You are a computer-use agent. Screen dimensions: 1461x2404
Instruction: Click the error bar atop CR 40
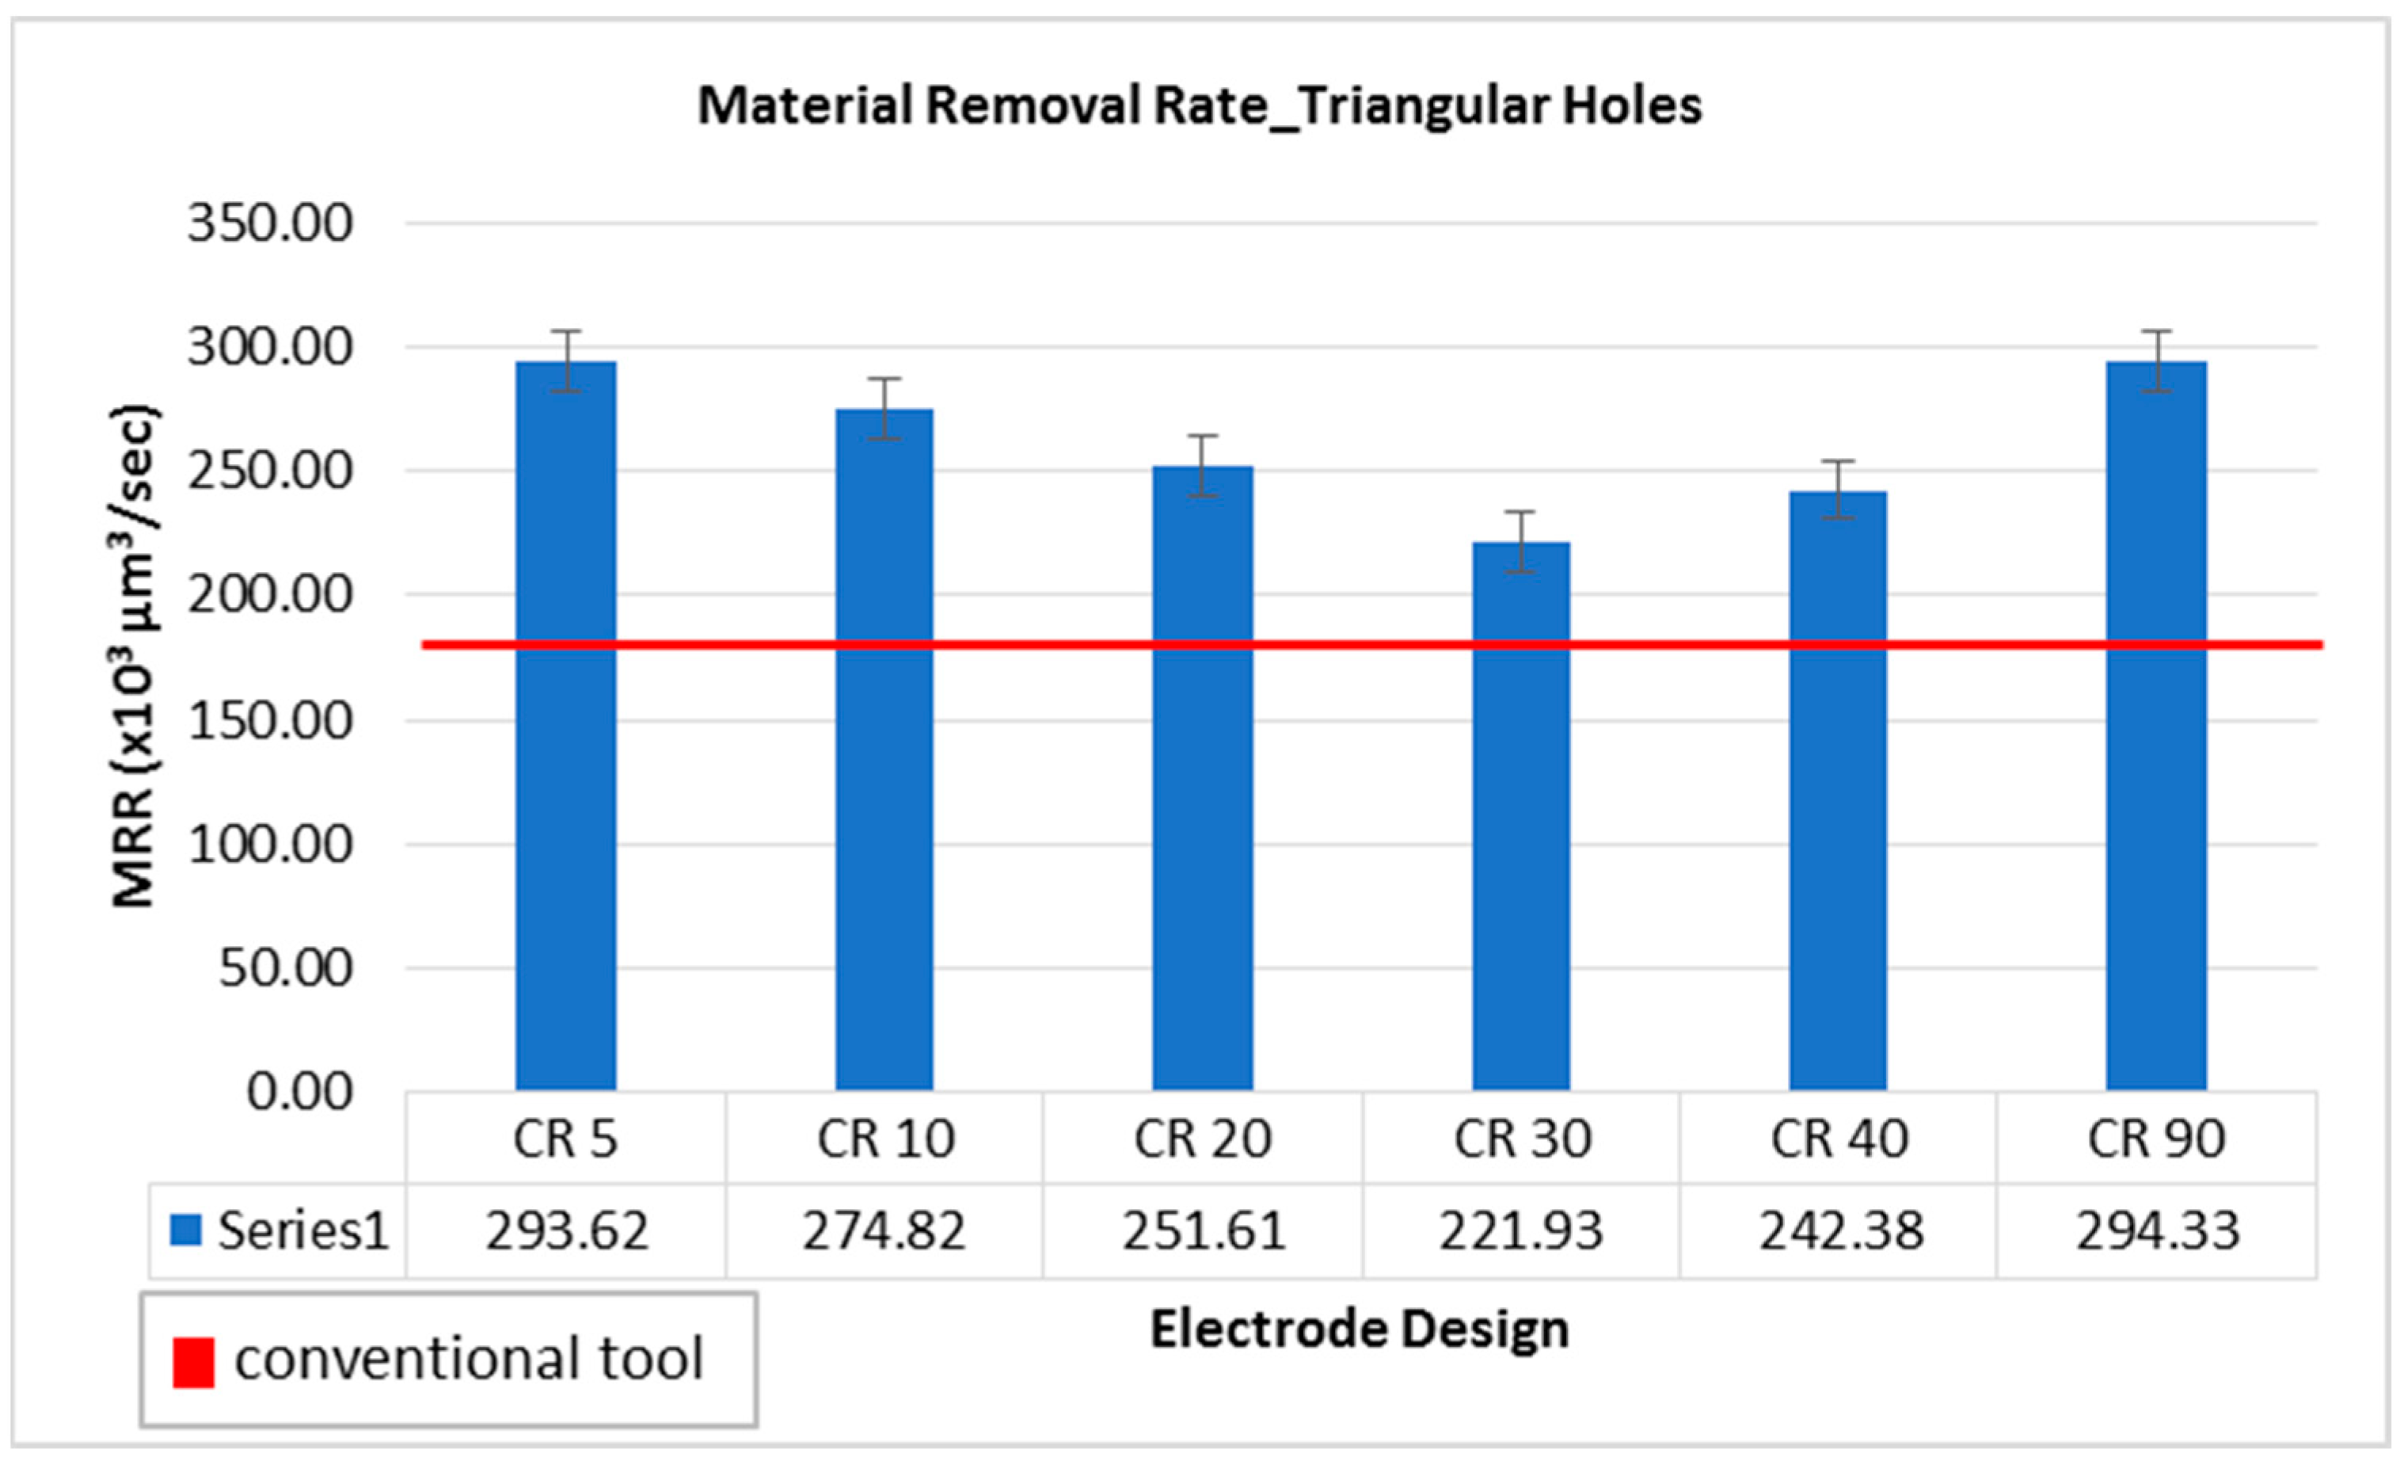point(1838,489)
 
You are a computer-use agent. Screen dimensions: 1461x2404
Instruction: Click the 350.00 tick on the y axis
point(269,223)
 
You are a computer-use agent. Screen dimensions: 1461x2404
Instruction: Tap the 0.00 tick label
point(299,1091)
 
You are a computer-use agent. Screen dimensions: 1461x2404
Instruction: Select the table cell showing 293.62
point(567,1230)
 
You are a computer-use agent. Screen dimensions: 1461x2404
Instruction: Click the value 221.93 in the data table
point(1521,1230)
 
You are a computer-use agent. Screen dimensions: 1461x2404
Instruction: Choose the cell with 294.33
point(2157,1230)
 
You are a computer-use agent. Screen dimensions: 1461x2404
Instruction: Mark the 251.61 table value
point(1203,1230)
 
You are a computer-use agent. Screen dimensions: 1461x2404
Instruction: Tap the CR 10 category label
point(885,1138)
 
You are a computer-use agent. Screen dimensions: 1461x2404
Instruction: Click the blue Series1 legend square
point(185,1230)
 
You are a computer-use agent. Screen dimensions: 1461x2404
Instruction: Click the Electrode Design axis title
point(1359,1330)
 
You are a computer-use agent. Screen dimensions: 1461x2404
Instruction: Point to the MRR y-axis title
point(134,656)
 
